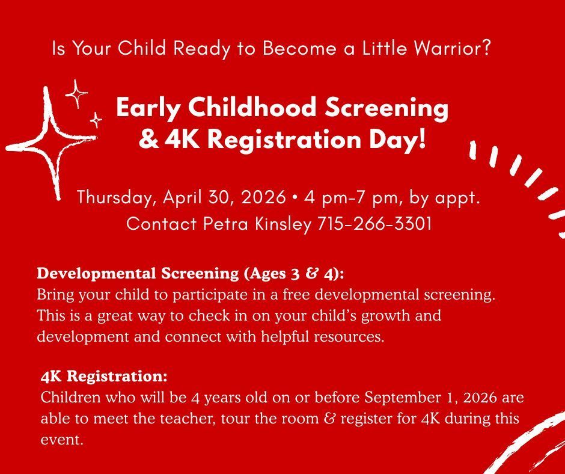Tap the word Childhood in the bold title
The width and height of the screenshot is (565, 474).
tap(249, 108)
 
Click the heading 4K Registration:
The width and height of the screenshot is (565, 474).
tap(104, 377)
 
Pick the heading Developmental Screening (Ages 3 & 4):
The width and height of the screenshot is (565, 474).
tap(191, 273)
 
